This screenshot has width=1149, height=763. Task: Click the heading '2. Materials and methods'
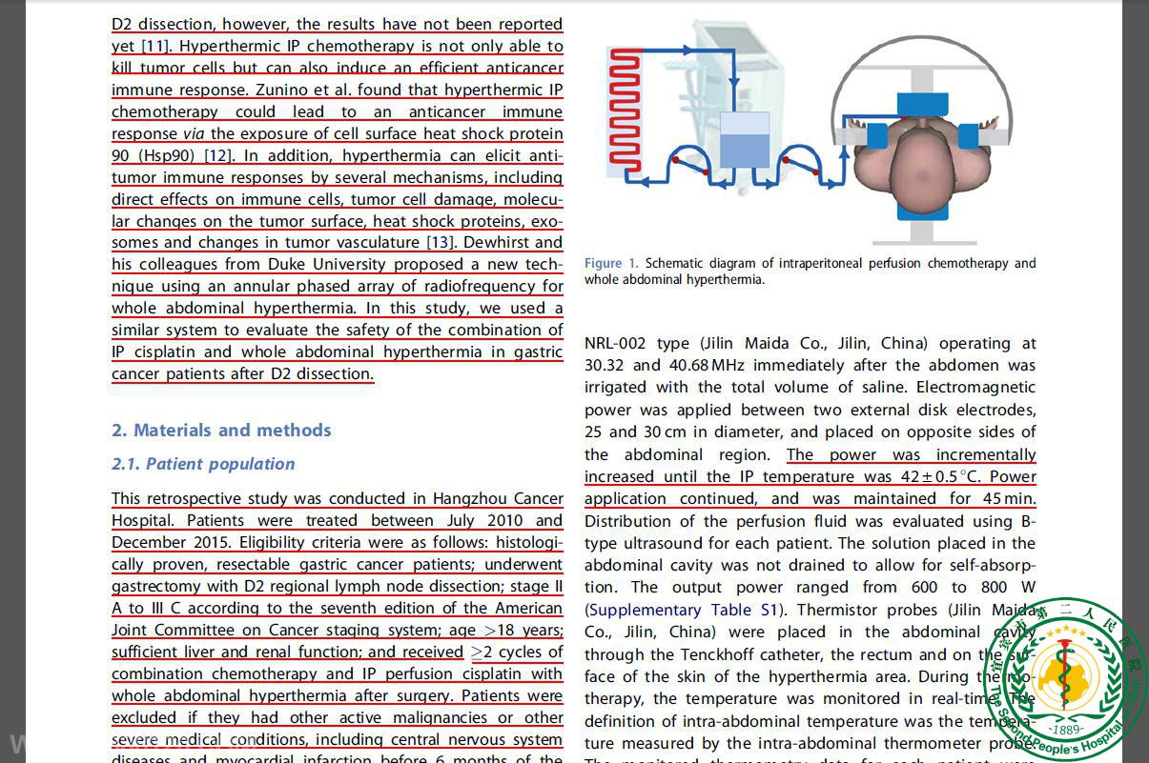pyautogui.click(x=221, y=431)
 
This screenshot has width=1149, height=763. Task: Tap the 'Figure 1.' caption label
pyautogui.click(x=611, y=263)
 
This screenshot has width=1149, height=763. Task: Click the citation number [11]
pyautogui.click(x=155, y=46)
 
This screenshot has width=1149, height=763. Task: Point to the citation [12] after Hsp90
pyautogui.click(x=218, y=155)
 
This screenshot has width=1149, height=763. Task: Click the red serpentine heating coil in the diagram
pyautogui.click(x=625, y=110)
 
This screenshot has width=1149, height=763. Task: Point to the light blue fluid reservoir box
pyautogui.click(x=744, y=143)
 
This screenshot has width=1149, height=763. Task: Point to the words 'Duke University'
pyautogui.click(x=326, y=264)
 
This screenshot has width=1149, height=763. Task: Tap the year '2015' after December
pyautogui.click(x=204, y=542)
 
